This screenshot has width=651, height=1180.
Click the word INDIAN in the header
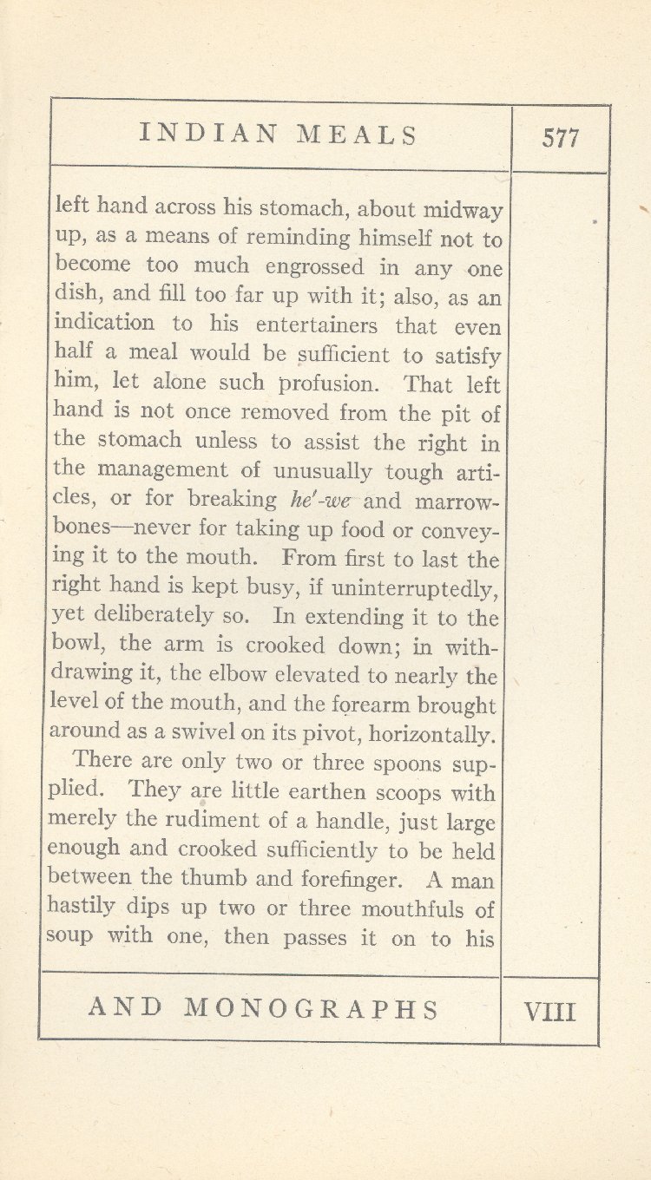tap(208, 134)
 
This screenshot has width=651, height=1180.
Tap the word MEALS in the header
tap(357, 134)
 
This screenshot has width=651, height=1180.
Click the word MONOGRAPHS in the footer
tap(312, 1008)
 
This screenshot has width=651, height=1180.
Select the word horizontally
tap(431, 735)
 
